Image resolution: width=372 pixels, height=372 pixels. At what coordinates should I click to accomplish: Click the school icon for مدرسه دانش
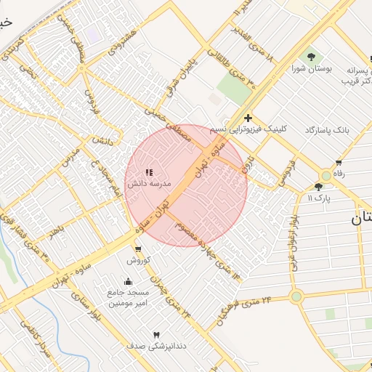click(x=148, y=172)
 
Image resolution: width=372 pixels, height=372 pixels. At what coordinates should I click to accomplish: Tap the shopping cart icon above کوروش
click(x=138, y=249)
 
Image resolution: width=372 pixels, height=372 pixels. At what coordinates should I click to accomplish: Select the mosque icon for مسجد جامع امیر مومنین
click(x=129, y=281)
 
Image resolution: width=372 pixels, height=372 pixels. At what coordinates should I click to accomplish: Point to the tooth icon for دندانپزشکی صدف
click(x=156, y=334)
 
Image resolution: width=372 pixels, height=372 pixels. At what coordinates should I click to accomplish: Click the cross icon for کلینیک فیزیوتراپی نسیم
click(x=248, y=118)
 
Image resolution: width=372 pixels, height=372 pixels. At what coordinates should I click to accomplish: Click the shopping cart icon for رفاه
click(x=338, y=163)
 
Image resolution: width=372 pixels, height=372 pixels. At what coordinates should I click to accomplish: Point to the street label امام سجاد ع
click(x=101, y=179)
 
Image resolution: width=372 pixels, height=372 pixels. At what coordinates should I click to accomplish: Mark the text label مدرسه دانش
click(x=149, y=185)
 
